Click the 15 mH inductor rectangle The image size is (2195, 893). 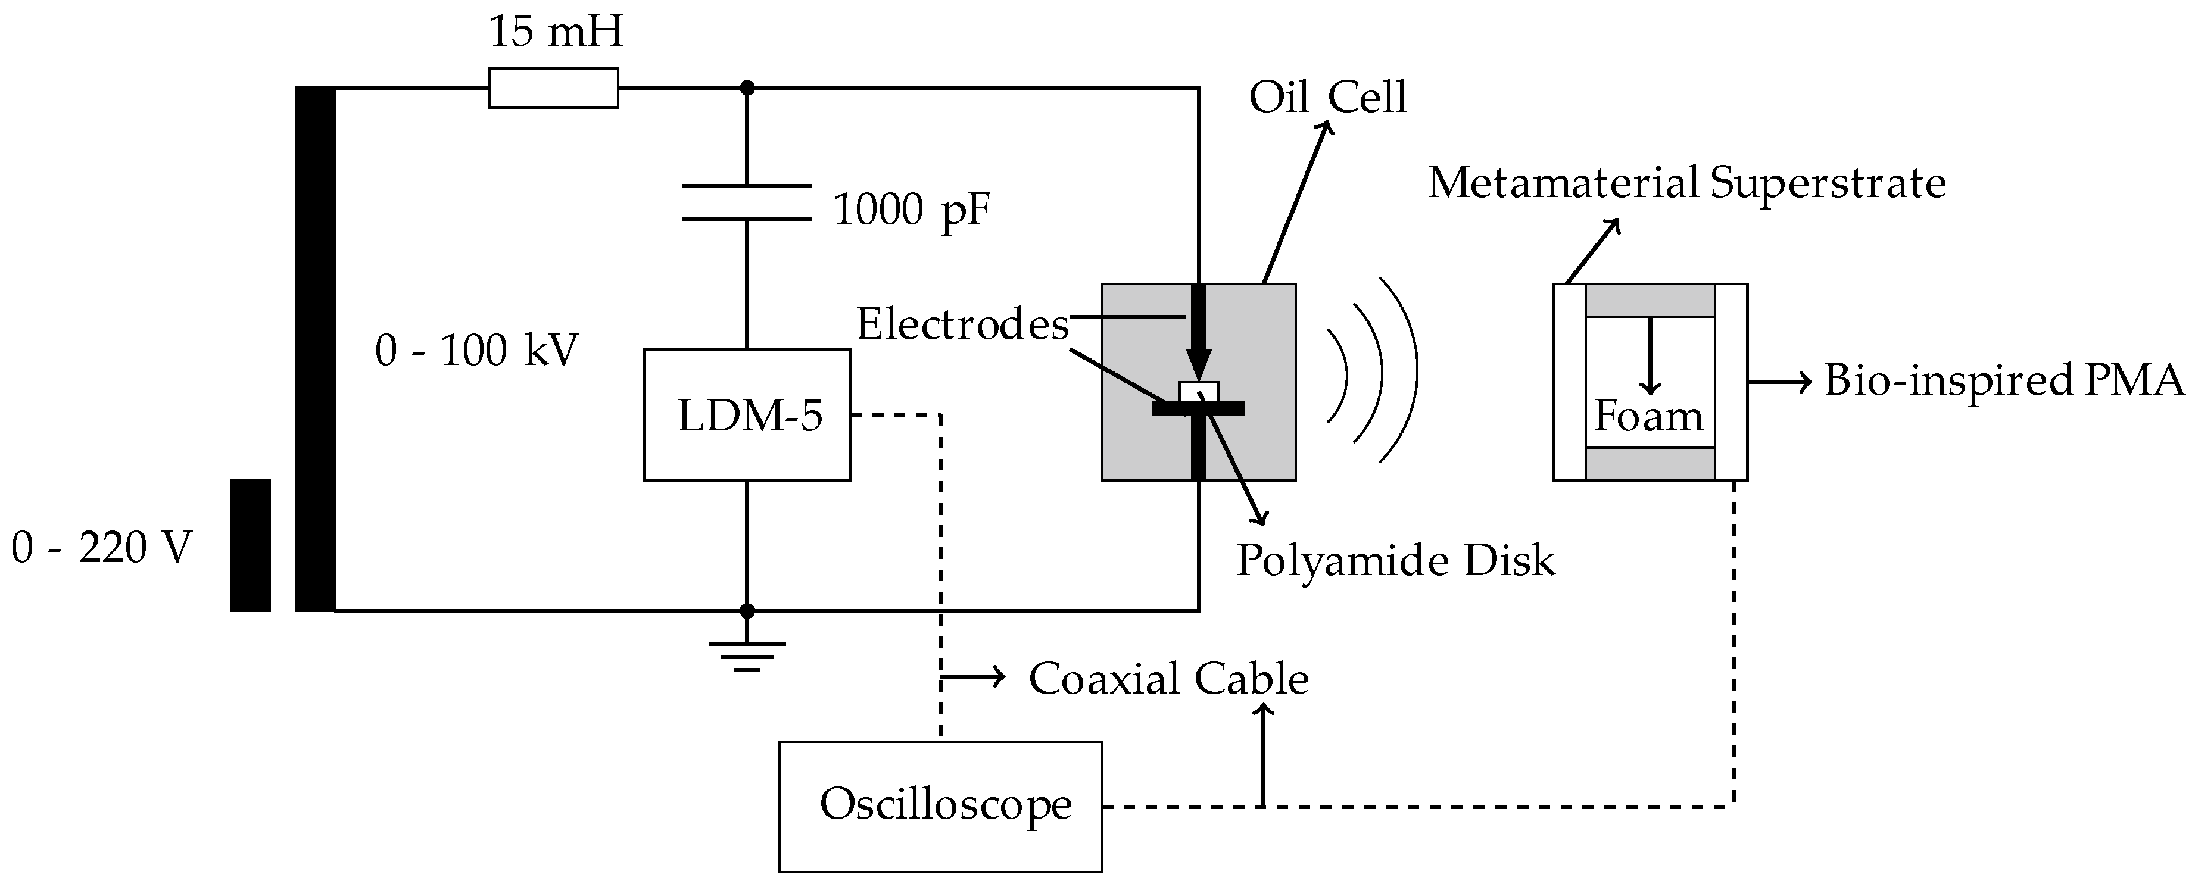click(553, 88)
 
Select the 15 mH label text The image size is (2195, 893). click(556, 32)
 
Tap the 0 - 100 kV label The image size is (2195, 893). click(476, 350)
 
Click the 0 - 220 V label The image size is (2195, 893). click(101, 547)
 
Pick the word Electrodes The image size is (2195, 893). click(962, 324)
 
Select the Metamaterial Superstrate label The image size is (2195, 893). click(1686, 183)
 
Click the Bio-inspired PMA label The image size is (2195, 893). click(2003, 380)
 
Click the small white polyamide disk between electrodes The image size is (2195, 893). click(1198, 392)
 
